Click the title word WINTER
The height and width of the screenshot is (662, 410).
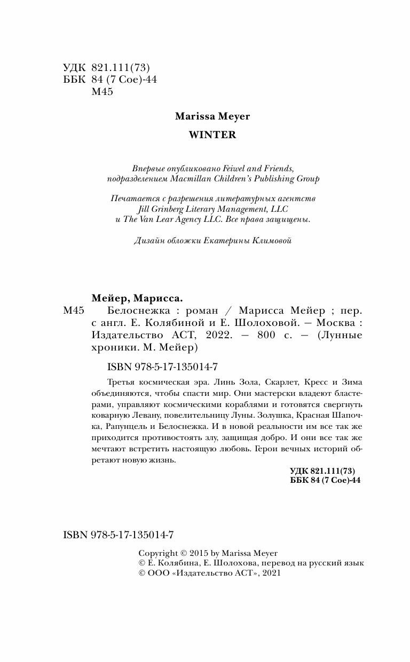(x=212, y=135)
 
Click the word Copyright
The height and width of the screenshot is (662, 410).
(x=157, y=553)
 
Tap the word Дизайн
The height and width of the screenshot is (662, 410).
(x=150, y=241)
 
